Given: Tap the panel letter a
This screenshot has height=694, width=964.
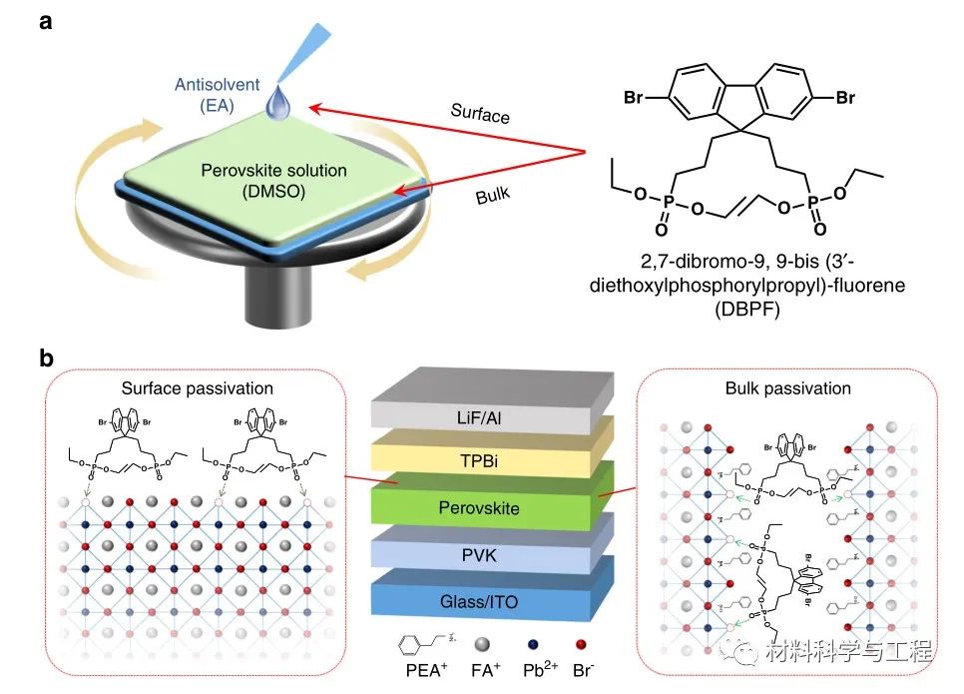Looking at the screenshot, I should [x=46, y=21].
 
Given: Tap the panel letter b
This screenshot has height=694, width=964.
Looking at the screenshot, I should [x=46, y=357].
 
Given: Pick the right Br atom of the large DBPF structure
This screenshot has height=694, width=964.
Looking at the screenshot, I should [x=844, y=98].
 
